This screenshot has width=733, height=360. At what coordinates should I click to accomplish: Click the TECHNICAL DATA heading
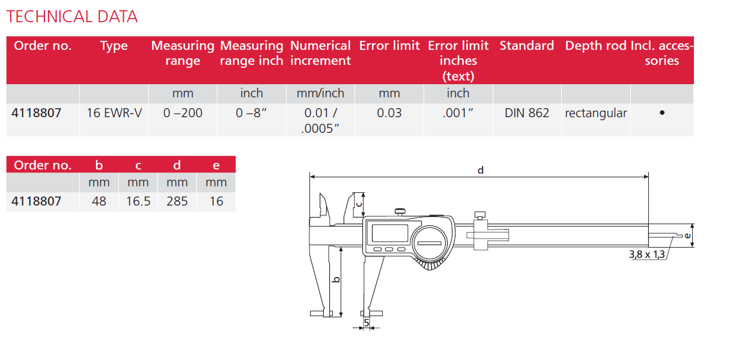[72, 16]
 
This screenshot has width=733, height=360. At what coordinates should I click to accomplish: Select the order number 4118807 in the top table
[37, 113]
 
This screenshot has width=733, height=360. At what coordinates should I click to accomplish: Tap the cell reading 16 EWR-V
[114, 113]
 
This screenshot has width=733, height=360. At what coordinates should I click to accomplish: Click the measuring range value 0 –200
[183, 113]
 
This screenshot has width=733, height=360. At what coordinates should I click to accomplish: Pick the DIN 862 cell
[527, 113]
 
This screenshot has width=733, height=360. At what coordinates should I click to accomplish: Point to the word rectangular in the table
[595, 113]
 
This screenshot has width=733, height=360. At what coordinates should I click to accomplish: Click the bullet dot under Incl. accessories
[662, 112]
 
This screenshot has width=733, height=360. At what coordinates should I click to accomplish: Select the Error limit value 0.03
[389, 113]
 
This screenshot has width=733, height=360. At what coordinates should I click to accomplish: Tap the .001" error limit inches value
[458, 113]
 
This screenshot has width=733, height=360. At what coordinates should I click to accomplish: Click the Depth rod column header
[595, 46]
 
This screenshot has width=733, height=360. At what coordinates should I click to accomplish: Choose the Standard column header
[527, 46]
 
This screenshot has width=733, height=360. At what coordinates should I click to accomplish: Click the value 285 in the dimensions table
[177, 201]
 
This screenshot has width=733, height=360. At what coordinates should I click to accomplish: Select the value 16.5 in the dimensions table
[138, 201]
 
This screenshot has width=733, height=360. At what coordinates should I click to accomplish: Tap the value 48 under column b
[99, 201]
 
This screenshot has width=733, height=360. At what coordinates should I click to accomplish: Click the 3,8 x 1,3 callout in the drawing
[647, 255]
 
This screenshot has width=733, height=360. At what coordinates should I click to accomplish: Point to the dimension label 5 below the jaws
[366, 323]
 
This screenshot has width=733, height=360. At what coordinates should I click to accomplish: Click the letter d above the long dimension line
[480, 170]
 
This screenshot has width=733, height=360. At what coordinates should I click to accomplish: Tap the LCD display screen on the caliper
[390, 233]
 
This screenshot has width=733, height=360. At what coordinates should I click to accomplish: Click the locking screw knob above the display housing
[399, 211]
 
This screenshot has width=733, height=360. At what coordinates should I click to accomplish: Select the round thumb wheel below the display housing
[430, 264]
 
